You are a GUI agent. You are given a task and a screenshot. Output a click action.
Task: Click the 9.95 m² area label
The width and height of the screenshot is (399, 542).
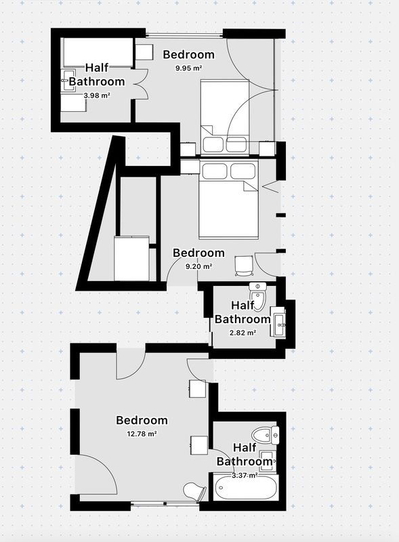tap(188, 68)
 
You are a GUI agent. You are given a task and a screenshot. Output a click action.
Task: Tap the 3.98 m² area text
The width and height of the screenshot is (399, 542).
tap(97, 95)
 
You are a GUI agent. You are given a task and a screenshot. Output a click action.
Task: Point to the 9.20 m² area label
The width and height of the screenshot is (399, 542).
tap(198, 266)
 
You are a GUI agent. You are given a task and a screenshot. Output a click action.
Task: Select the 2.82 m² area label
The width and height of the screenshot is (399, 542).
tap(243, 333)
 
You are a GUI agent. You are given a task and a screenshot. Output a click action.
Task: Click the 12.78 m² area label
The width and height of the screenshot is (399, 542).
tap(142, 434)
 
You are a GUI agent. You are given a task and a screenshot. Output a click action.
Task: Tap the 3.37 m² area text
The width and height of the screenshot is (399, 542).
tap(245, 476)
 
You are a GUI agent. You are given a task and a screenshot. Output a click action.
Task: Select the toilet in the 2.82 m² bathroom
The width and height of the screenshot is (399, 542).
tap(257, 296)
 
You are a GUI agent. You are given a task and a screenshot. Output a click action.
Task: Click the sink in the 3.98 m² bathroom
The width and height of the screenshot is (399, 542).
tap(68, 81)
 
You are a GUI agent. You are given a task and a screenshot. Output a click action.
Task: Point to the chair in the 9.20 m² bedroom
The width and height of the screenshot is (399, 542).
tap(244, 266)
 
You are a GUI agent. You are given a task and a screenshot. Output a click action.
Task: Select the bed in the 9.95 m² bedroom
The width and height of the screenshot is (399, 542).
tap(225, 117)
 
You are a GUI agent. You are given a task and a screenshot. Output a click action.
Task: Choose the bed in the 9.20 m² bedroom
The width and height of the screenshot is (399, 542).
tap(228, 199)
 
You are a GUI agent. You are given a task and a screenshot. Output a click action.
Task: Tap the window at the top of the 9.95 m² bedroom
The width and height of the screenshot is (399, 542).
tap(184, 35)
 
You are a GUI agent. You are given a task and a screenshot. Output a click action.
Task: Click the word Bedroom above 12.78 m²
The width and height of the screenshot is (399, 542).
tap(142, 420)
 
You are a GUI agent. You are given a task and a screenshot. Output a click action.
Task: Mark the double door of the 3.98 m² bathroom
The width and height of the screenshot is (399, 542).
tap(142, 84)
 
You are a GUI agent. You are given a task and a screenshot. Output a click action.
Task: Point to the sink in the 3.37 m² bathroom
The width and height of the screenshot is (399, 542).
tap(268, 461)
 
